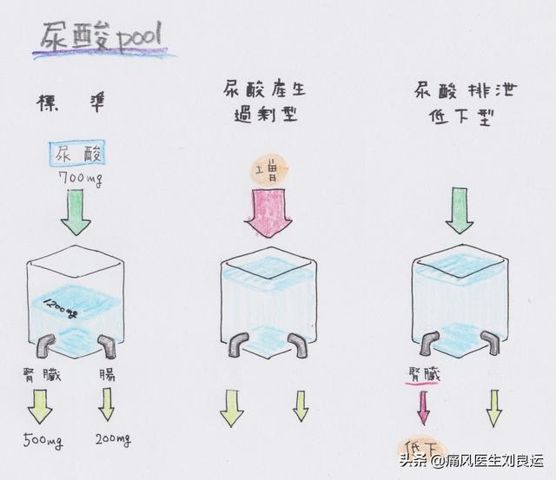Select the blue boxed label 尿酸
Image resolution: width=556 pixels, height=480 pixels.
(x=76, y=155)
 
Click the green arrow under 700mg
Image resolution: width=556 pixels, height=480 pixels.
(x=76, y=214)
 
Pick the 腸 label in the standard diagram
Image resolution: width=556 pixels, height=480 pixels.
(x=105, y=374)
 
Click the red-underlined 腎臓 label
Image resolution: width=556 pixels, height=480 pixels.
(x=422, y=374)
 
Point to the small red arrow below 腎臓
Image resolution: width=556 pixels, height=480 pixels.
(x=423, y=408)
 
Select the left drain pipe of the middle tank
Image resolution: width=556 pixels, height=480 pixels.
(x=237, y=344)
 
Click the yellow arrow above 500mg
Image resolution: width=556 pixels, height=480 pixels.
(x=39, y=405)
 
